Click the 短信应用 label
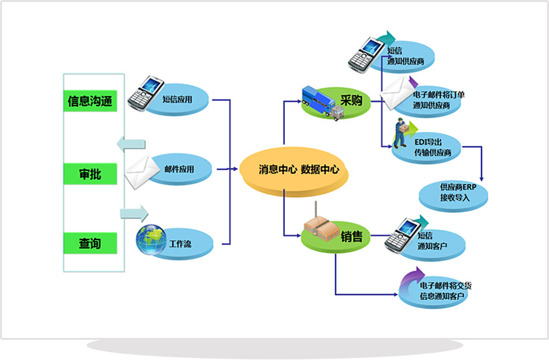[x=178, y=100]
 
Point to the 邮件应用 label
[x=179, y=169]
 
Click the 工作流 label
[x=180, y=243]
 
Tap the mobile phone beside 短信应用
[x=145, y=93]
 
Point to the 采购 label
[x=351, y=101]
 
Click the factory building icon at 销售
[x=320, y=230]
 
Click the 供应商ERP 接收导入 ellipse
[x=454, y=192]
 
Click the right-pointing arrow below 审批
[x=133, y=214]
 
